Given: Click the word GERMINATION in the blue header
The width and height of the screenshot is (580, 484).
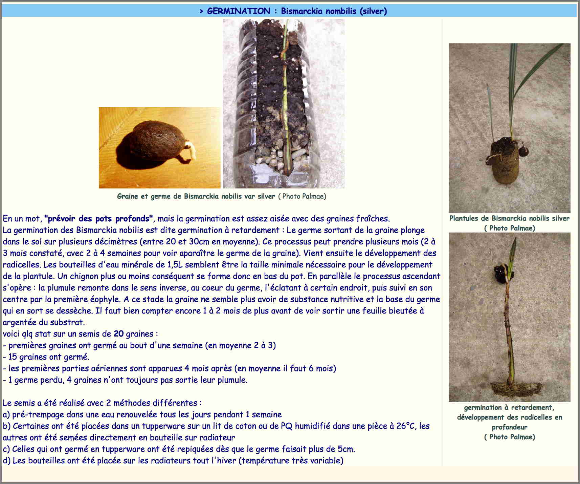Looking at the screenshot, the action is [x=239, y=11].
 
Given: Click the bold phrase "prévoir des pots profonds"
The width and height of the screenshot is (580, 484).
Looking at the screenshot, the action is [x=99, y=219].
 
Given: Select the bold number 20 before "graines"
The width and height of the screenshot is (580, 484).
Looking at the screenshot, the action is [x=118, y=334].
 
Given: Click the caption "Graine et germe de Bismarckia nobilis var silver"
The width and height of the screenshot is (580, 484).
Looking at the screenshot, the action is [x=196, y=196].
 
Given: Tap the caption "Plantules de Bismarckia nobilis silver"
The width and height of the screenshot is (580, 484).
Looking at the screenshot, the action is [x=509, y=218].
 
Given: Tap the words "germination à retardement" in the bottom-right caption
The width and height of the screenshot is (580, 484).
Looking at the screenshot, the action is [x=509, y=407].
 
